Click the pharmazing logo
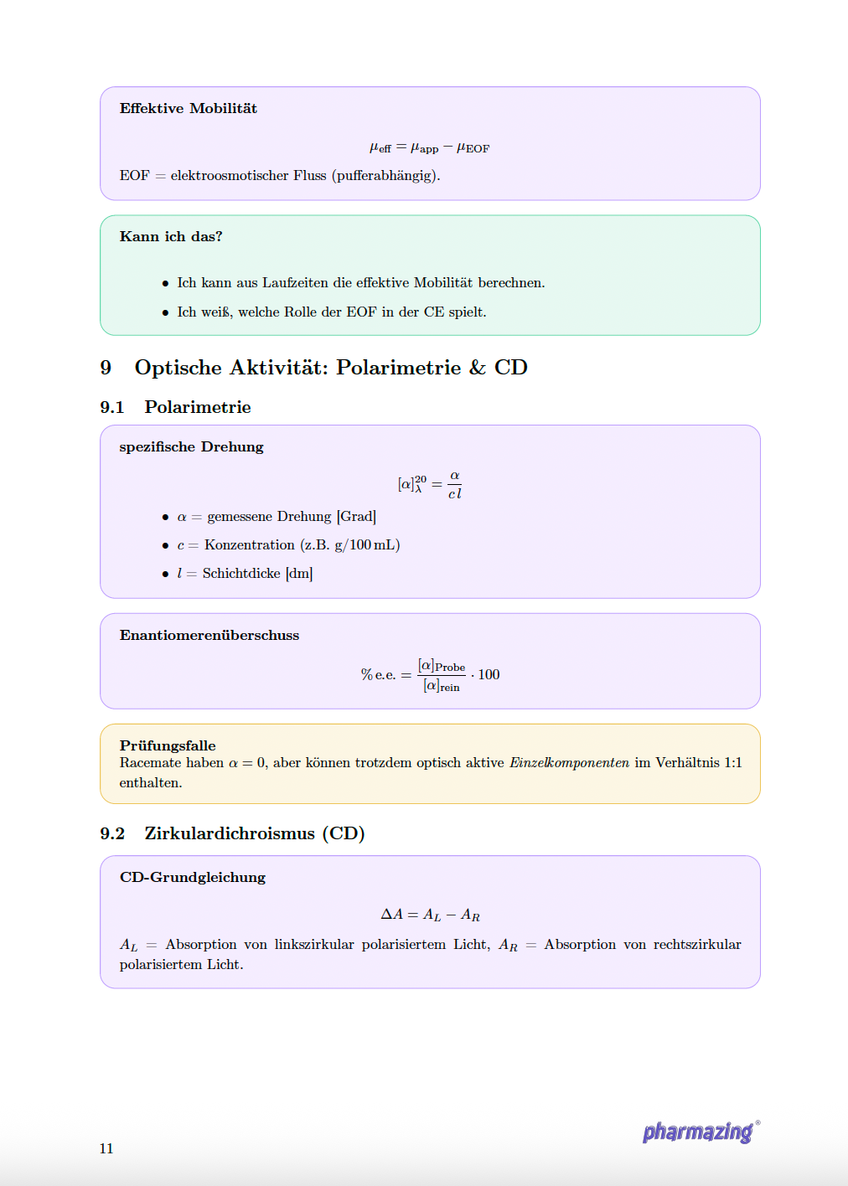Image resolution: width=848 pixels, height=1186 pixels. tap(698, 1132)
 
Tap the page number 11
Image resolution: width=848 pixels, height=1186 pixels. tap(106, 1148)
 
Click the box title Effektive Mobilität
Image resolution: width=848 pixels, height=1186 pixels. tap(188, 108)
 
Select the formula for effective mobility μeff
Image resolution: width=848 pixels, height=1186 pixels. tap(429, 147)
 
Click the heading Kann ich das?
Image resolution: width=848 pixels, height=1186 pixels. tap(171, 236)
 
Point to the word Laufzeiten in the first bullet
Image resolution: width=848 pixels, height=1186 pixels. tap(295, 283)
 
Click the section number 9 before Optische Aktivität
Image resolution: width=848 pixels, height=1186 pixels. tap(106, 368)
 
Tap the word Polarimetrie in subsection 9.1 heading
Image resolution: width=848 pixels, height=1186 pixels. tap(198, 407)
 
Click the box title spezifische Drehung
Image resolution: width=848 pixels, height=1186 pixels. tap(191, 446)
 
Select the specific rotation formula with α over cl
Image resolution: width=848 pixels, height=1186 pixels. tap(429, 484)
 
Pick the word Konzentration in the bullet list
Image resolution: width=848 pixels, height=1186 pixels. tap(249, 544)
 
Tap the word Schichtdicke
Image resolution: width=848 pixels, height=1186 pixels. tap(241, 573)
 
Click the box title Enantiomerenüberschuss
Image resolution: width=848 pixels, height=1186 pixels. tap(209, 635)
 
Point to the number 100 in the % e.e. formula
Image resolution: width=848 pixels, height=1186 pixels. tap(489, 674)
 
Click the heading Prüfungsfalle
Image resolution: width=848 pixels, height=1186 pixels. tap(168, 745)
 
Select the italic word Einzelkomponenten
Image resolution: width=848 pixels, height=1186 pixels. tap(569, 762)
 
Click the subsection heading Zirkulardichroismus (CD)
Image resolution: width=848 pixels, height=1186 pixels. tap(254, 833)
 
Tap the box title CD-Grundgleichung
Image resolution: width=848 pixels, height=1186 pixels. tap(193, 877)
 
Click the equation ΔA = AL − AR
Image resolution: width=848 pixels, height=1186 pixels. tap(430, 915)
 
